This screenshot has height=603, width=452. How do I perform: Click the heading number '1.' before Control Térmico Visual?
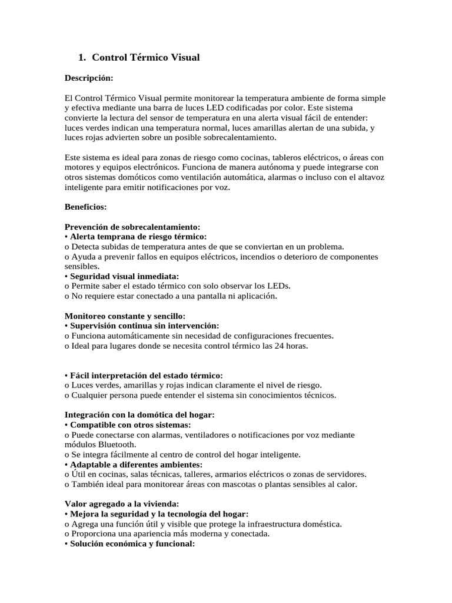(82, 57)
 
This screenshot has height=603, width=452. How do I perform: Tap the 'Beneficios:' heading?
(85, 207)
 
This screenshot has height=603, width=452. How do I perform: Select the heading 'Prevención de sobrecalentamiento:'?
(132, 227)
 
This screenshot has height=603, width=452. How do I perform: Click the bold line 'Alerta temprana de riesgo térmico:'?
(138, 237)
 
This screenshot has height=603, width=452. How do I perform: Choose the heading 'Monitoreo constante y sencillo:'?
(124, 316)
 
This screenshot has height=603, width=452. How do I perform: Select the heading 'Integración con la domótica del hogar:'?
(139, 415)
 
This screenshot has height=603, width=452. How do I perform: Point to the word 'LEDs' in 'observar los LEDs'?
(278, 286)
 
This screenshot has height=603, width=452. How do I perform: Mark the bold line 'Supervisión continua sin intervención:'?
(144, 326)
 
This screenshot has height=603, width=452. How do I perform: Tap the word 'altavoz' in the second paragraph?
(371, 177)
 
